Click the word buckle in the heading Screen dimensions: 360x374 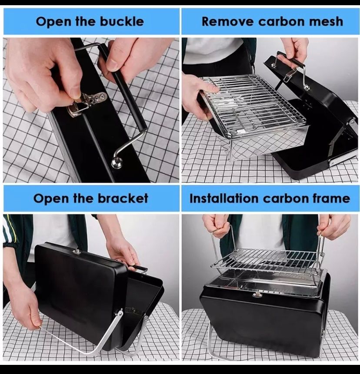(x=122, y=21)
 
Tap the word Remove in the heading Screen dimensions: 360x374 (x=228, y=21)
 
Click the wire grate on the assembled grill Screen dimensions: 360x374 (x=267, y=261)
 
